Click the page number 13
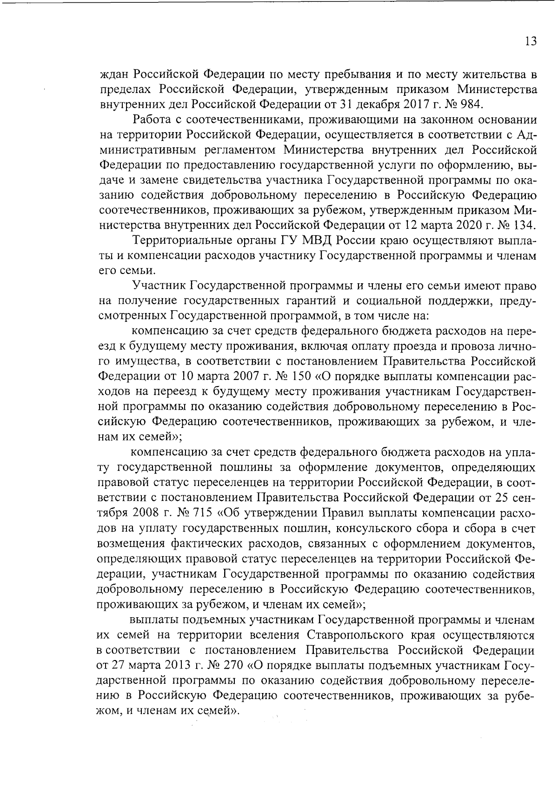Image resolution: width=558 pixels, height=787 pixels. (531, 41)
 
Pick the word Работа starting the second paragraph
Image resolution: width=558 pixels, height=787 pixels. (149, 119)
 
